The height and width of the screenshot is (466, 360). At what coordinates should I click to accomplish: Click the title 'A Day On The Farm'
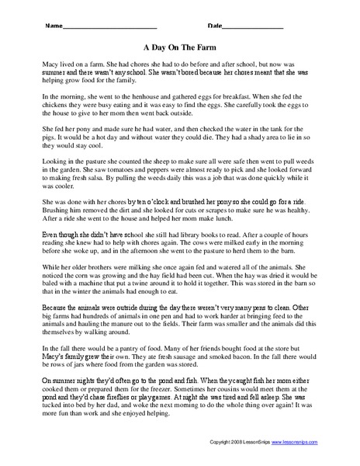(179, 46)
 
